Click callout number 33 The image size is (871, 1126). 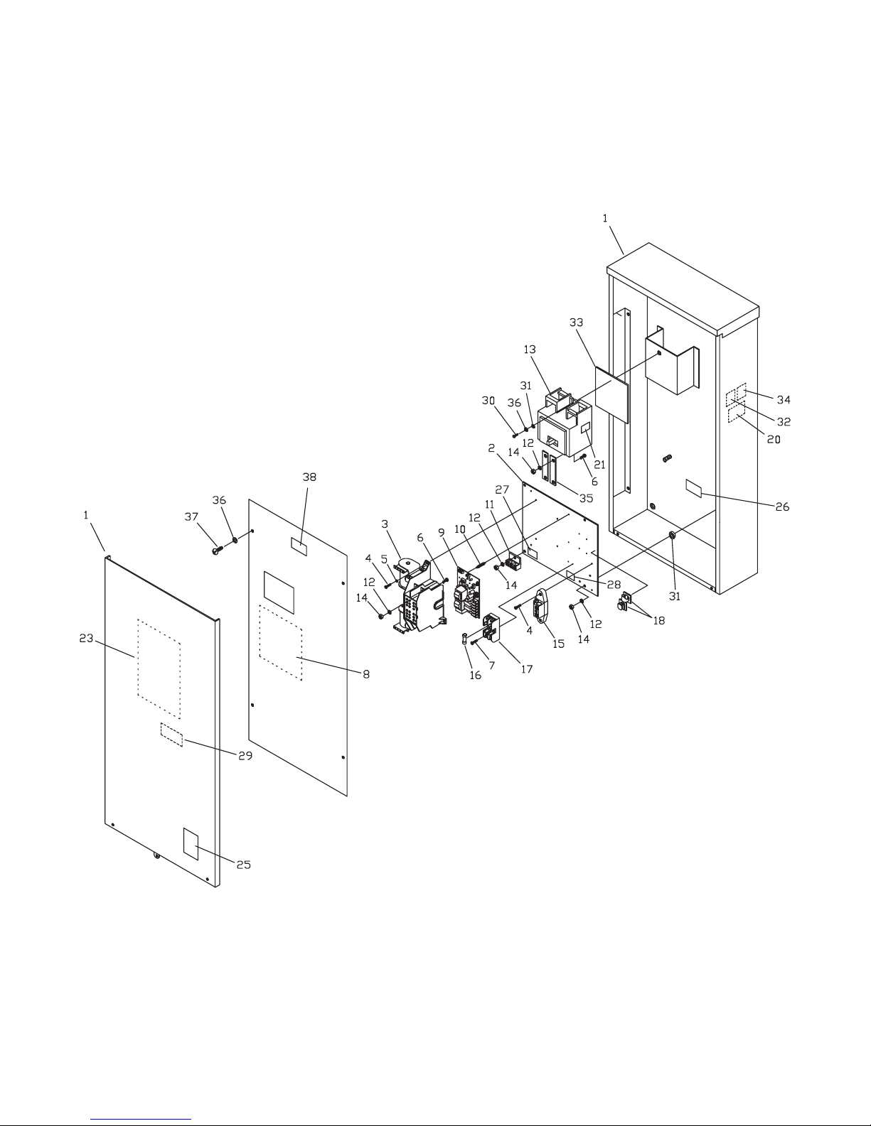(x=576, y=323)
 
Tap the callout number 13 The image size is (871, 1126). (x=529, y=350)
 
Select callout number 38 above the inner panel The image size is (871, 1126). (x=309, y=477)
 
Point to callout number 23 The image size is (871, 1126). (x=86, y=639)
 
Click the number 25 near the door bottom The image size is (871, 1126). (x=244, y=865)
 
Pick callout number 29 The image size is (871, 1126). (x=245, y=755)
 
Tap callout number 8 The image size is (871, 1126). (x=366, y=674)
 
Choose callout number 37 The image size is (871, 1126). (x=191, y=516)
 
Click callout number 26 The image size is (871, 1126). (x=782, y=507)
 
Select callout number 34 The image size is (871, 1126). (x=784, y=399)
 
